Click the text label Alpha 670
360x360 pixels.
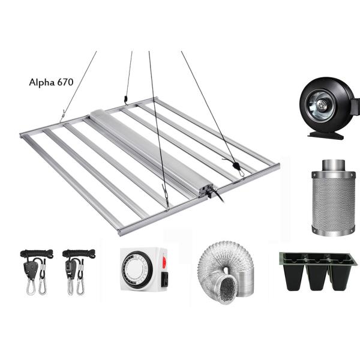pyautogui.click(x=51, y=83)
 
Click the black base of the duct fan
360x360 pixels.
pyautogui.click(x=326, y=134)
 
